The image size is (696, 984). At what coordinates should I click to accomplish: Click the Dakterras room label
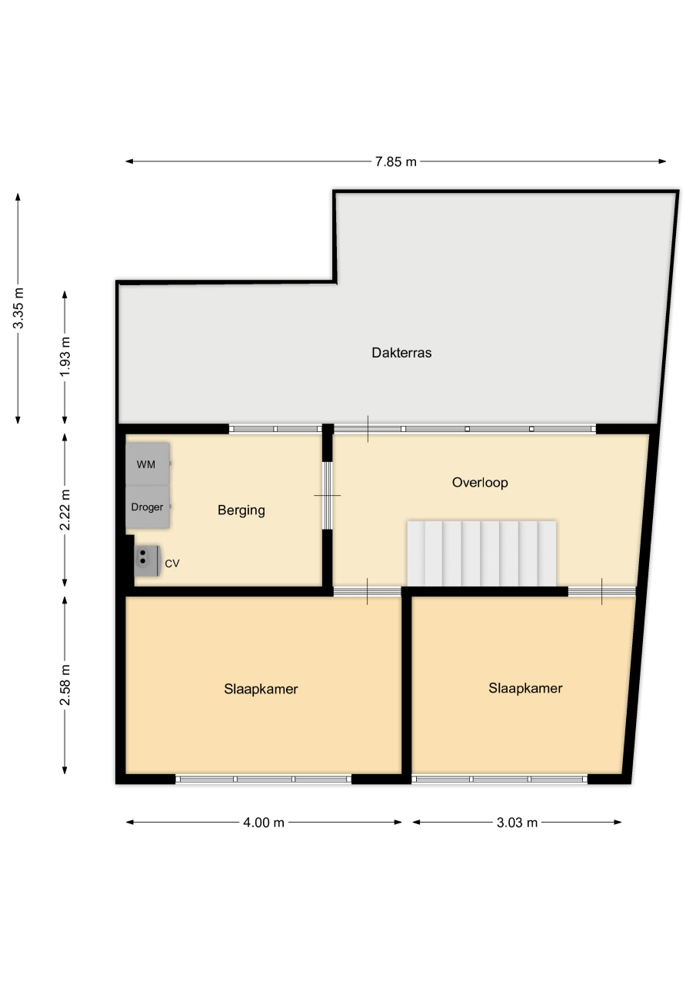(x=401, y=353)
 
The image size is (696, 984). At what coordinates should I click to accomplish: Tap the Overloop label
(x=480, y=482)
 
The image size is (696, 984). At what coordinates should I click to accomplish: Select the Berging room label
(x=241, y=510)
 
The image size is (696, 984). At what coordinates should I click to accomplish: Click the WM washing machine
(x=148, y=464)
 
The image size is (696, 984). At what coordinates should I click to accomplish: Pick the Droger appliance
(x=148, y=507)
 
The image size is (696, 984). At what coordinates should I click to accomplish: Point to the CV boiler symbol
(x=147, y=560)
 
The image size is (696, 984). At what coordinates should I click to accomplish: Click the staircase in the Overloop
(x=481, y=553)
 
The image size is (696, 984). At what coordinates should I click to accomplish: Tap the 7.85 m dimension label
(x=395, y=161)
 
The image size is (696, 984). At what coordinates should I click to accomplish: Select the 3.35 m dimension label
(x=18, y=308)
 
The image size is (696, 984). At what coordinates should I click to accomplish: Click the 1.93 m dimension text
(x=65, y=356)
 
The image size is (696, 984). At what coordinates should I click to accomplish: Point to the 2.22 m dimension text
(x=65, y=510)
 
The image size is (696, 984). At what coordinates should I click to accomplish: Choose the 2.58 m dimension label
(x=65, y=685)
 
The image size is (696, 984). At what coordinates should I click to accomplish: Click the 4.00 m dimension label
(x=264, y=823)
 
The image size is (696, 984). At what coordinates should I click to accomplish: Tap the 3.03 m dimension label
(x=517, y=823)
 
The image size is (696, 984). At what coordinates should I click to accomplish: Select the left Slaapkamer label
(x=261, y=689)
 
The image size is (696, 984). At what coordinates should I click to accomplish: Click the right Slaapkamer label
(x=525, y=688)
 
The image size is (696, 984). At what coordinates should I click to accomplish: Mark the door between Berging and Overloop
(x=328, y=496)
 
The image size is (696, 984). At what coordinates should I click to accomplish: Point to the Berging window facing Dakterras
(x=275, y=429)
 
